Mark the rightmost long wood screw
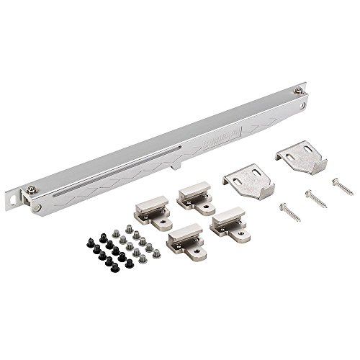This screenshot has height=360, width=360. (x=341, y=181)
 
